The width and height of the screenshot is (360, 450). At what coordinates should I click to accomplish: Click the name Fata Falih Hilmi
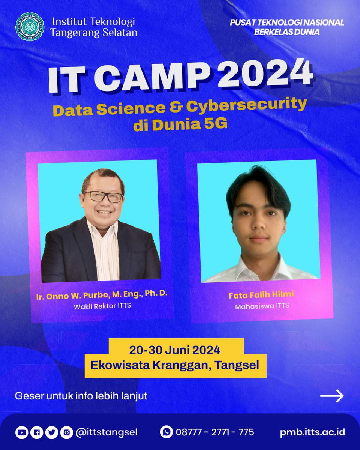(261, 295)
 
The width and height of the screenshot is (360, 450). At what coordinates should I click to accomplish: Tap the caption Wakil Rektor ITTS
(102, 306)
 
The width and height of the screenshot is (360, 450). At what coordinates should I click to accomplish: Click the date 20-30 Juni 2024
(175, 350)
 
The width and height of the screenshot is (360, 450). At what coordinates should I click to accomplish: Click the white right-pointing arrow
(332, 396)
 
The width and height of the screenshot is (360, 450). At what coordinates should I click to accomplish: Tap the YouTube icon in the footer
(21, 432)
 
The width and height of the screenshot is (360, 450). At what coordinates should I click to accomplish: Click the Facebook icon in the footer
(36, 432)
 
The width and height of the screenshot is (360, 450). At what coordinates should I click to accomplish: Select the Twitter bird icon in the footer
(51, 432)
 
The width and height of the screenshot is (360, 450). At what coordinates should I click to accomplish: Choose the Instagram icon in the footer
(66, 432)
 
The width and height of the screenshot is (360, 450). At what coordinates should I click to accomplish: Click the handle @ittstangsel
(106, 432)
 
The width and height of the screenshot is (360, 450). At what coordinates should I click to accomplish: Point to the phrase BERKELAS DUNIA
(286, 32)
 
